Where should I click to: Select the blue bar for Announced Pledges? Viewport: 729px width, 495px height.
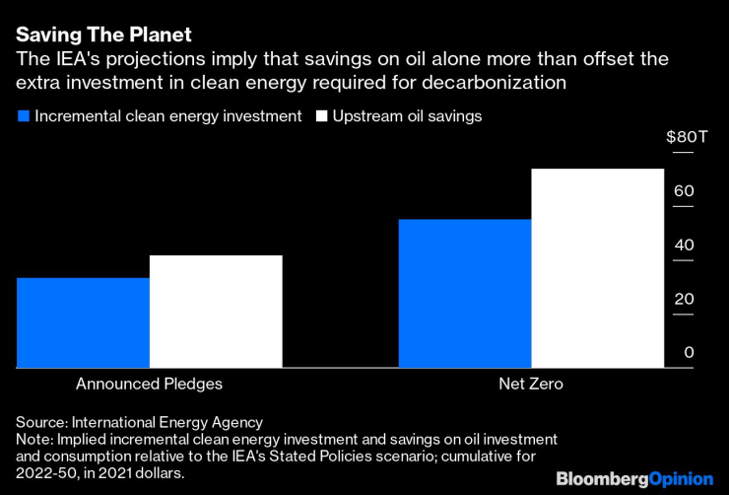[83, 322]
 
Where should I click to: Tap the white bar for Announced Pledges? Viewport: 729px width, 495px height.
[216, 312]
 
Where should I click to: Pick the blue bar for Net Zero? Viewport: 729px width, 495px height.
[464, 293]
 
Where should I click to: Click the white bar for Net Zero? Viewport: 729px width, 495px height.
[597, 268]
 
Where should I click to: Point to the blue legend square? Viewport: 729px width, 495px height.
[23, 116]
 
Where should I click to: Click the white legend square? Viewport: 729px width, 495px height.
[320, 116]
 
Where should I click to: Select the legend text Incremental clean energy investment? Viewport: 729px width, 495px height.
[167, 116]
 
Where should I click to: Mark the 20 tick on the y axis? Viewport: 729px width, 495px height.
[684, 299]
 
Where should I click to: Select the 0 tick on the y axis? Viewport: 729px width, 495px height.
[689, 353]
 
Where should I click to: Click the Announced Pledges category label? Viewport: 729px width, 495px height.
[150, 384]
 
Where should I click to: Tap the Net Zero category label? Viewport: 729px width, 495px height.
[531, 384]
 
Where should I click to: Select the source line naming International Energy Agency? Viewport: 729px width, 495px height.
[139, 421]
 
